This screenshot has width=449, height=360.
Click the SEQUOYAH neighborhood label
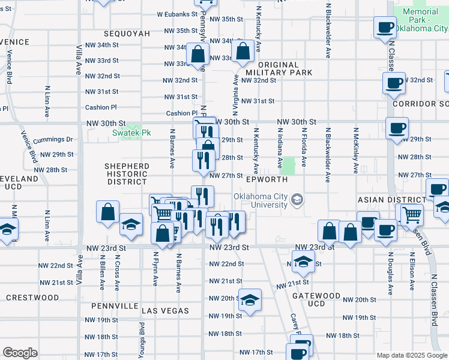pos(126,34)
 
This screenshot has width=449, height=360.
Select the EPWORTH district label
pos(267,179)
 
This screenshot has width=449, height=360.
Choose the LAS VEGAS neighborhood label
pos(166,311)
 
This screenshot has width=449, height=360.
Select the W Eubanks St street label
pos(177,14)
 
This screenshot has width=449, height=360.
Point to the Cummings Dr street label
pos(53,140)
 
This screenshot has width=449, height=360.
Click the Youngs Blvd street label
pos(142,337)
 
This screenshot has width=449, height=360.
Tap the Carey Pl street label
pos(295,325)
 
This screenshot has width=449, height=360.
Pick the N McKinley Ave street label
pos(357,150)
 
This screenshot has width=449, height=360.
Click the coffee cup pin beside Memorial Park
pos(384,27)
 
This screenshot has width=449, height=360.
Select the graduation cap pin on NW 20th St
pos(250,299)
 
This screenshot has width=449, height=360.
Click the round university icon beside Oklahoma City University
pos(297,199)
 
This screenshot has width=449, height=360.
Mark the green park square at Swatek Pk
pos(127,131)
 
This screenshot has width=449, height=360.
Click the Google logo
pos(20,353)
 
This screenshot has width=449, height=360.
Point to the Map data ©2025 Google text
pos(411,355)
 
